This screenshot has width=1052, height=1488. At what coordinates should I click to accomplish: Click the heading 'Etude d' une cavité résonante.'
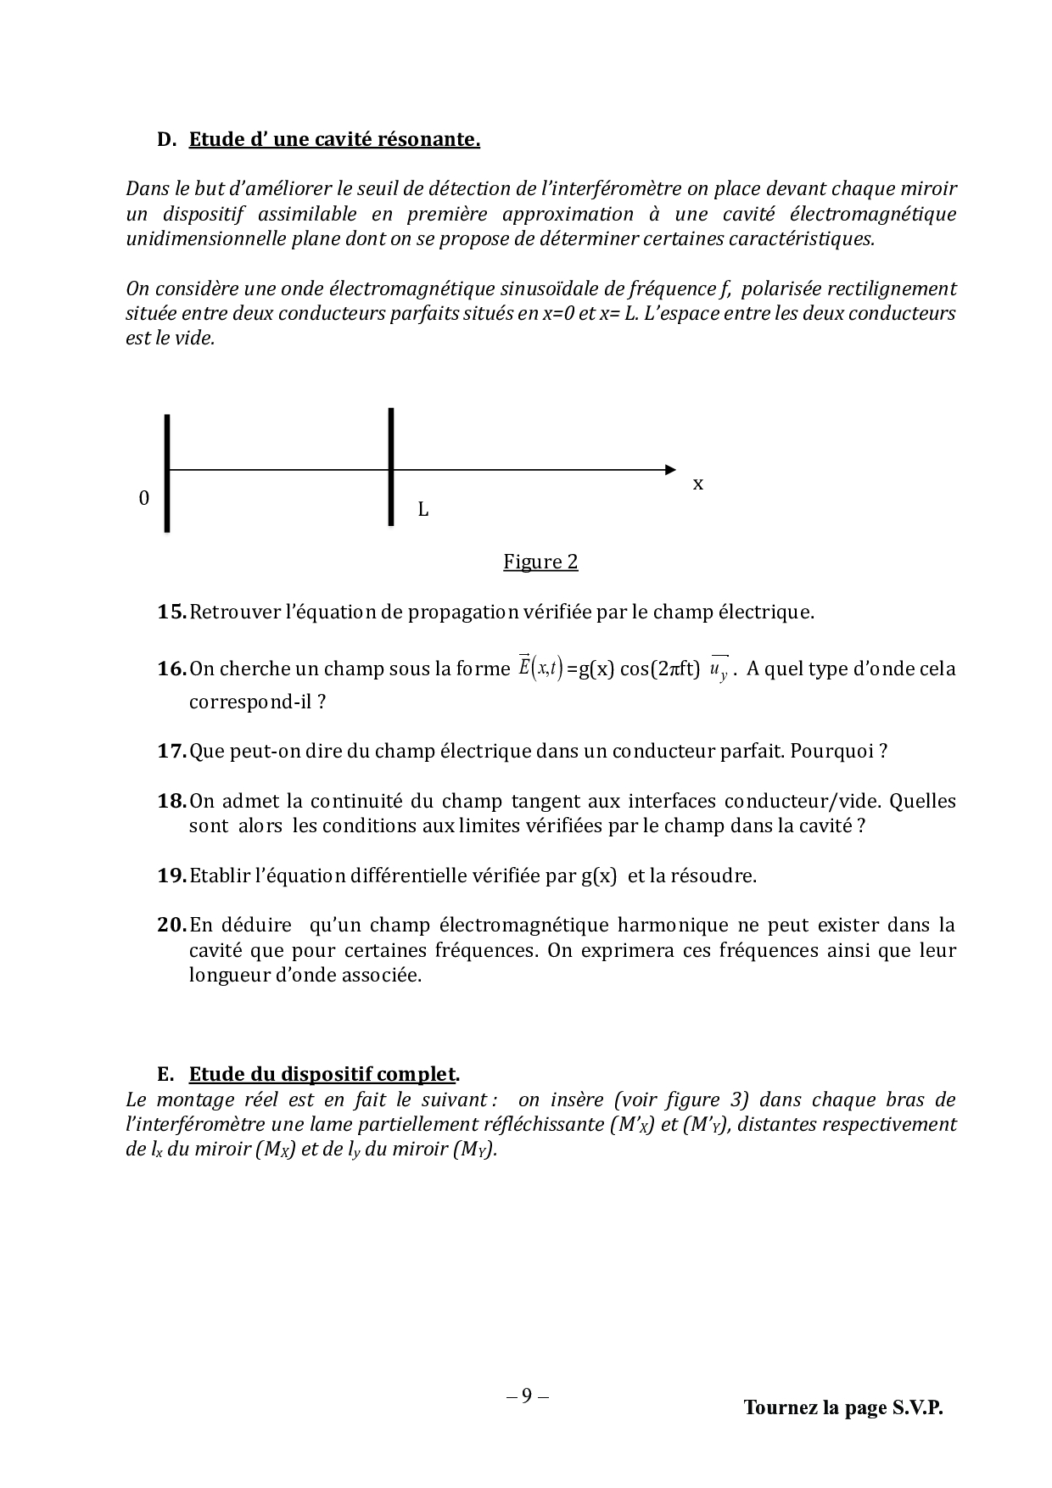pos(334,139)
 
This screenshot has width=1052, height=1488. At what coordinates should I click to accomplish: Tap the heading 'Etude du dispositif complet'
pos(322,1074)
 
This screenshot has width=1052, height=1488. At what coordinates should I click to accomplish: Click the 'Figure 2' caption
pos(540,562)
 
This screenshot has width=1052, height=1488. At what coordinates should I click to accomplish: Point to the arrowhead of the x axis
pos(671,469)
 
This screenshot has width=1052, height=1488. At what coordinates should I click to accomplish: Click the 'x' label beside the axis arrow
pos(698,484)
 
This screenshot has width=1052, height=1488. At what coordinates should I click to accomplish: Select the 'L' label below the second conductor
pos(422,510)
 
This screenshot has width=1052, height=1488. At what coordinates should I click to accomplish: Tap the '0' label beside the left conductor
pos(143,498)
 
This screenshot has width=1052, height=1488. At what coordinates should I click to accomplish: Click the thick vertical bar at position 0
pos(167,473)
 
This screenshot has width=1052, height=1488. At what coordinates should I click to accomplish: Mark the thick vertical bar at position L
pos(390,467)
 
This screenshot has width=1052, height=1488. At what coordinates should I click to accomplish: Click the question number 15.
pos(171,612)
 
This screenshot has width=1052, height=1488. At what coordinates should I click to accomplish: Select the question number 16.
pos(171,669)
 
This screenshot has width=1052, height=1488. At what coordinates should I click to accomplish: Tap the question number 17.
pos(171,752)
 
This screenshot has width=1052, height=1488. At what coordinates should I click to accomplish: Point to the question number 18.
pos(171,802)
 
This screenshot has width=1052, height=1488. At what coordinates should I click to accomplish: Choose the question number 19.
pos(171,876)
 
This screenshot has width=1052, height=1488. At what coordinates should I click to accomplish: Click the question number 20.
pos(171,926)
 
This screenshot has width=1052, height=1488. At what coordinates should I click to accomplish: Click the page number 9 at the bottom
pos(527,1396)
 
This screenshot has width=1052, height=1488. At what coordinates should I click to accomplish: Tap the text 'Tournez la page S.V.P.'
pos(843,1407)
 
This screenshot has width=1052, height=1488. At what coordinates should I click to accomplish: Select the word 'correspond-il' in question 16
pos(252,702)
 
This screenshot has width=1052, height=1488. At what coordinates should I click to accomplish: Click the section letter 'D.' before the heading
pos(166,139)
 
